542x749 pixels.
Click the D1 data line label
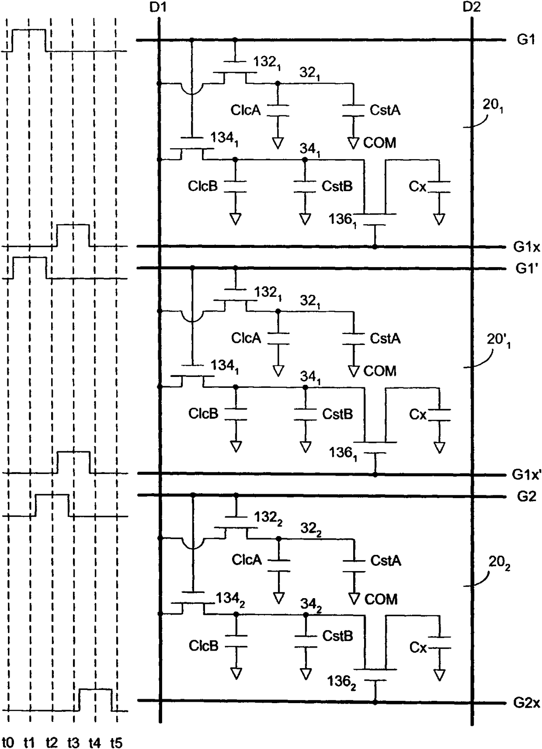[158, 7]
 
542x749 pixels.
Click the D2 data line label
[472, 7]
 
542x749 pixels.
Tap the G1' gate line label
[527, 268]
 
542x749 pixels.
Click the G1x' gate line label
[527, 474]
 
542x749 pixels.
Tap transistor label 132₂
[268, 519]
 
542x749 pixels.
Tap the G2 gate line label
[527, 497]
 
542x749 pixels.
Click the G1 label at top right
[527, 40]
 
